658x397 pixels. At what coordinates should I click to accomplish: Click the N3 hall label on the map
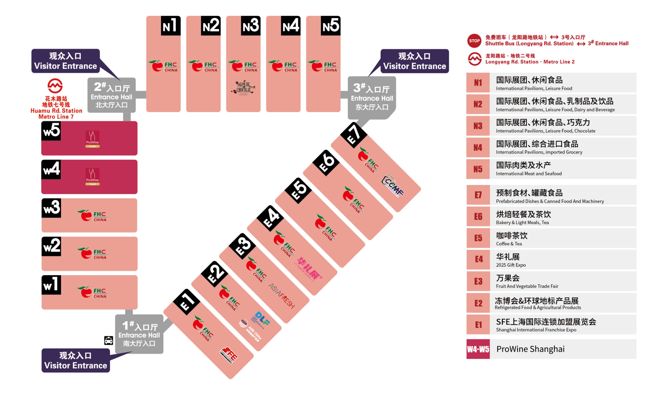(251, 25)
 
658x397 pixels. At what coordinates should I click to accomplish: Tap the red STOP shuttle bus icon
(474, 41)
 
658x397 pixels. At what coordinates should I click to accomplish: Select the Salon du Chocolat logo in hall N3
(244, 88)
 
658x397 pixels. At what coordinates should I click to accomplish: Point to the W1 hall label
(51, 285)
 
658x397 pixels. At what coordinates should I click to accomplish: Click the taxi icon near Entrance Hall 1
(109, 340)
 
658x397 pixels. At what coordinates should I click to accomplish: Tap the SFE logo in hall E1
(229, 355)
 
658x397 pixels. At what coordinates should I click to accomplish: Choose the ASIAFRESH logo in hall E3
(282, 296)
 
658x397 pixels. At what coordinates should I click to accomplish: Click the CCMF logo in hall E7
(393, 186)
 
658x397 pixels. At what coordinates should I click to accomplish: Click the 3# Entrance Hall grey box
(372, 98)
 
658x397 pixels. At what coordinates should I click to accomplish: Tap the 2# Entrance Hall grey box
(111, 95)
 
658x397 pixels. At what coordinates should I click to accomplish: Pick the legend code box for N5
(478, 169)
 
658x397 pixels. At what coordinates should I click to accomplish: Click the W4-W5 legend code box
(478, 349)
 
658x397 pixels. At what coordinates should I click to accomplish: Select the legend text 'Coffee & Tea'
(509, 244)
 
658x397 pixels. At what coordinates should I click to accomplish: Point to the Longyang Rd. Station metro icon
(474, 59)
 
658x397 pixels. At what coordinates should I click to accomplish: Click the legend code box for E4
(478, 259)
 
